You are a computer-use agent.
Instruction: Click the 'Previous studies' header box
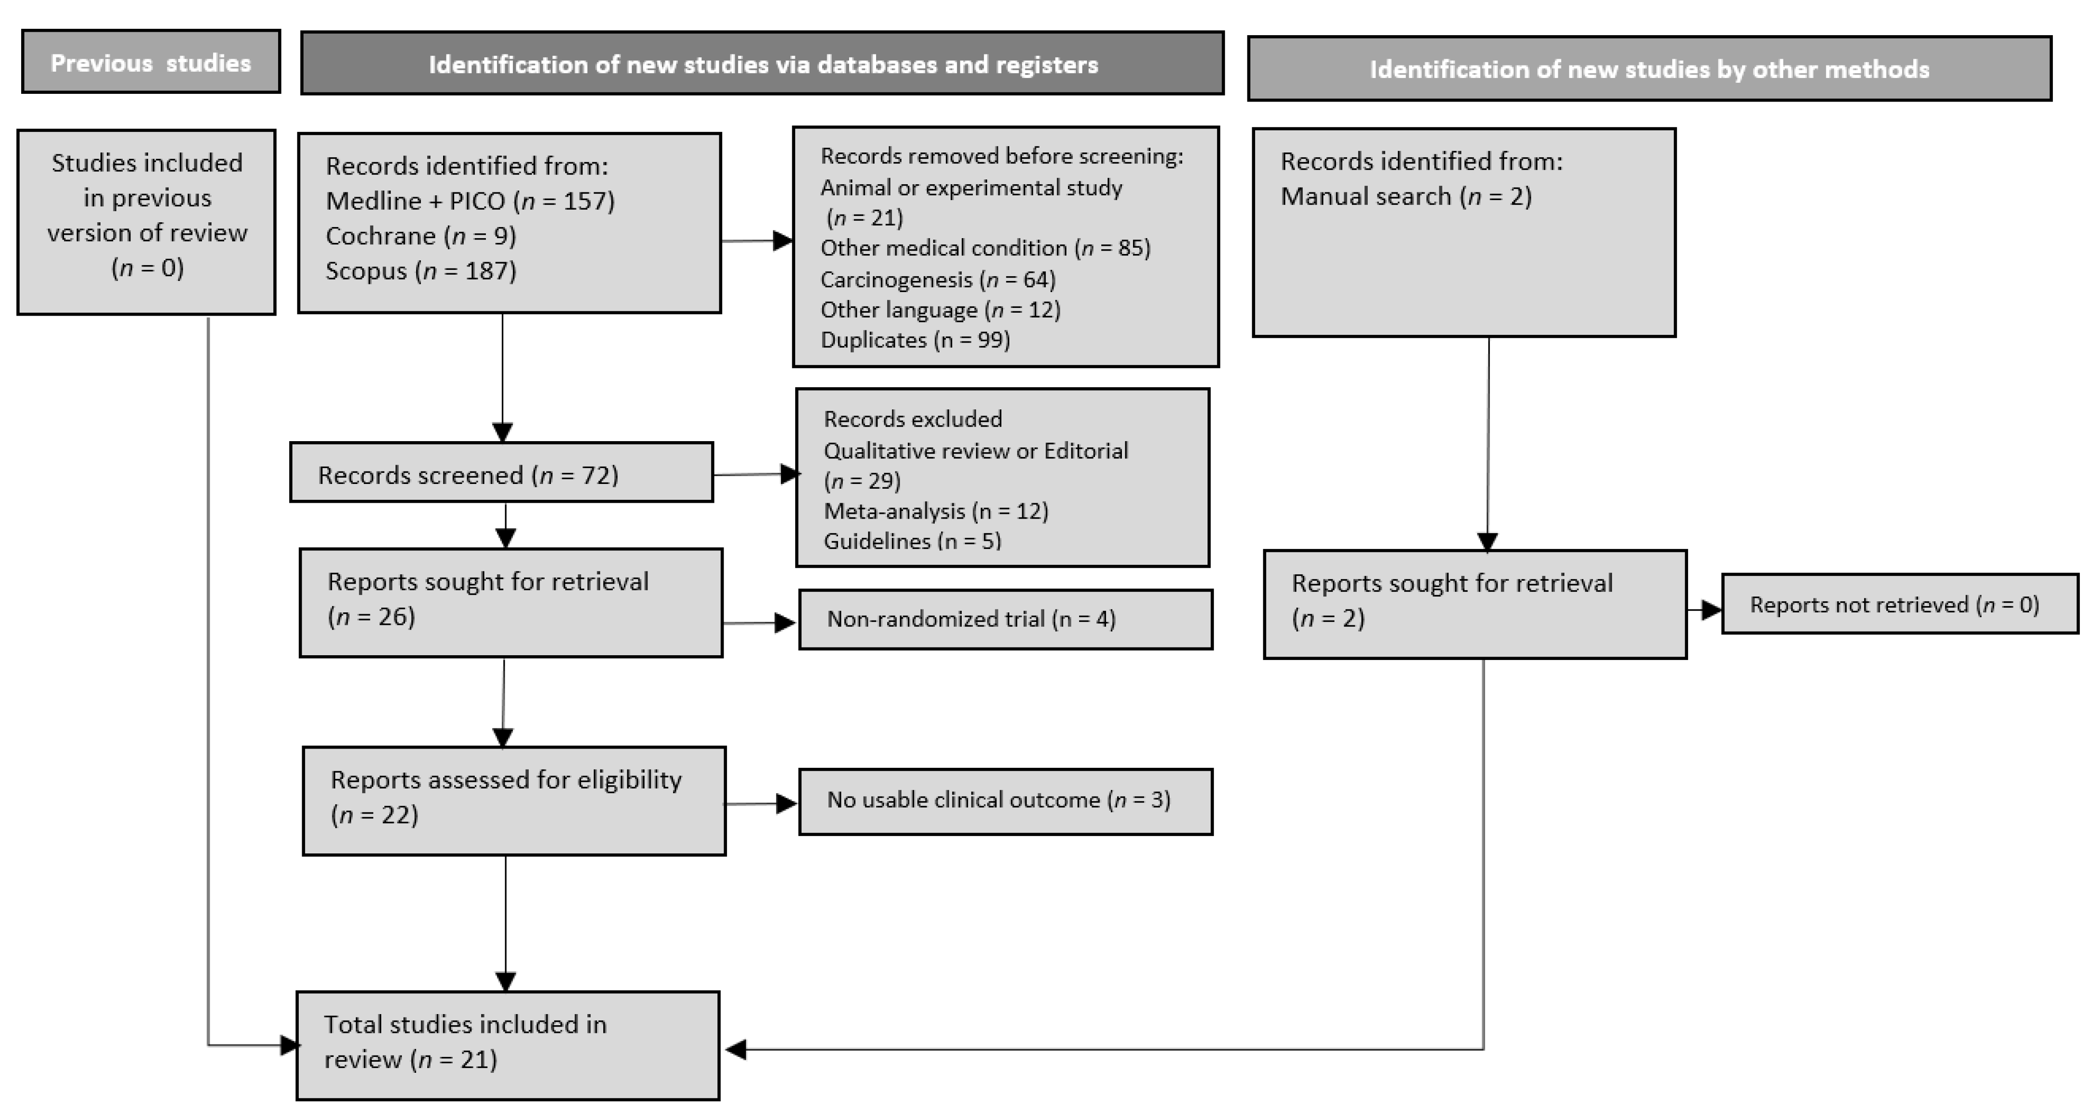pyautogui.click(x=151, y=62)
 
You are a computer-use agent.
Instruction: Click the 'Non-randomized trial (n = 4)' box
pyautogui.click(x=1005, y=619)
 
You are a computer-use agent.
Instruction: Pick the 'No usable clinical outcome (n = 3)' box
pyautogui.click(x=1005, y=801)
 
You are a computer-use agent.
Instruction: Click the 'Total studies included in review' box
pyautogui.click(x=507, y=1045)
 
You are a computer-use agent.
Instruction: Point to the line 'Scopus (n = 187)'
pyautogui.click(x=420, y=270)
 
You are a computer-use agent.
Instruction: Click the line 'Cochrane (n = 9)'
pyautogui.click(x=420, y=236)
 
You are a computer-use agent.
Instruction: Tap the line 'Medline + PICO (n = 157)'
pyautogui.click(x=470, y=201)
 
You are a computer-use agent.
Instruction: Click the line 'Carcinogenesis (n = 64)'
pyautogui.click(x=937, y=279)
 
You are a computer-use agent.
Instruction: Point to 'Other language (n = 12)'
pyautogui.click(x=940, y=310)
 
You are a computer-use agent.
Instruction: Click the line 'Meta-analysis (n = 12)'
pyautogui.click(x=935, y=511)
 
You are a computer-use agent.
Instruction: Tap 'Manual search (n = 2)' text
pyautogui.click(x=1406, y=196)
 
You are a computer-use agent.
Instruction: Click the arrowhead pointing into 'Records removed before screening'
pyautogui.click(x=782, y=241)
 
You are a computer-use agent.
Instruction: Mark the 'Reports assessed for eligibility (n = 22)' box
pyautogui.click(x=513, y=800)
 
